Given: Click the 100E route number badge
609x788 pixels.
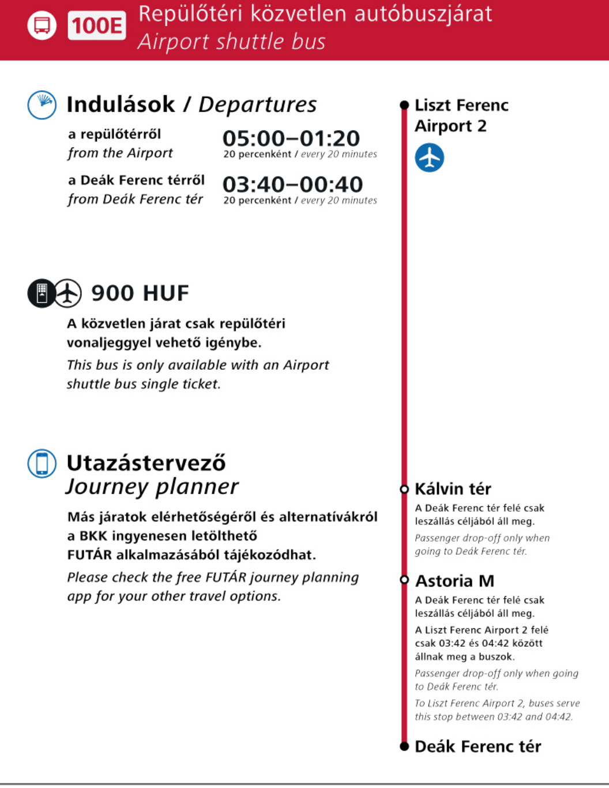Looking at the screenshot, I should click(96, 25).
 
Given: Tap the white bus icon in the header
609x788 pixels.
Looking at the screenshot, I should click(42, 25).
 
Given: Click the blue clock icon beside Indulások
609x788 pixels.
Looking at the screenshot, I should click(42, 105).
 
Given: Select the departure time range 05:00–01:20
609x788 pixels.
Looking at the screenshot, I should click(291, 138).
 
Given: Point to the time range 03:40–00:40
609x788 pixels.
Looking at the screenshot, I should click(292, 185).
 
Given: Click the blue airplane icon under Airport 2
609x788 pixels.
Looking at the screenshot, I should click(430, 157).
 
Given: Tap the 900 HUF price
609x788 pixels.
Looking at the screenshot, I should click(140, 293).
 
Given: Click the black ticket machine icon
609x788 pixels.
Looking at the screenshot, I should click(42, 293).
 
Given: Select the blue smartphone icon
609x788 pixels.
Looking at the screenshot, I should click(42, 464).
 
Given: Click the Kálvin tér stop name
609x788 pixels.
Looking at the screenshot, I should click(453, 489).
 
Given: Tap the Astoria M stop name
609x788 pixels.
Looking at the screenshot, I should click(454, 581).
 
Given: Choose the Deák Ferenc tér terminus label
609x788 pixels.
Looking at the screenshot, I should click(478, 746).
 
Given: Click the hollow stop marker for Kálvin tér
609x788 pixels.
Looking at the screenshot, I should click(404, 489).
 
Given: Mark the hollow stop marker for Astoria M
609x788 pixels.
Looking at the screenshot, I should click(404, 580).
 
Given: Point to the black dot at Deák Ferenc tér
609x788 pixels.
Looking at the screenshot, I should click(404, 746).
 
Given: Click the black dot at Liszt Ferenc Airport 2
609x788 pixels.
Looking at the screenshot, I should click(404, 105).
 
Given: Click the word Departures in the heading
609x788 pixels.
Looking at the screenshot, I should click(257, 105).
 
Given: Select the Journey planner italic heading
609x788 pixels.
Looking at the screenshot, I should click(152, 487).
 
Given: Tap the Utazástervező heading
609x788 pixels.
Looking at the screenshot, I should click(146, 463).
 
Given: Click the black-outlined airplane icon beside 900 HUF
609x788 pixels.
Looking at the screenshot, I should click(68, 293).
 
